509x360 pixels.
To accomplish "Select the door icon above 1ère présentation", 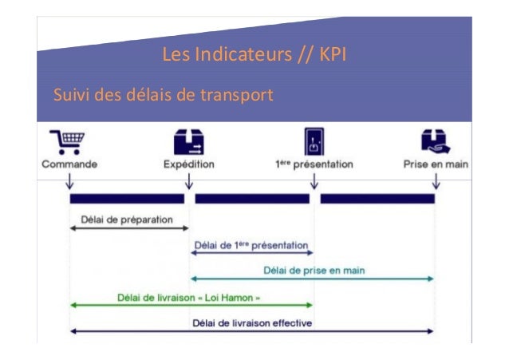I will click(313, 141).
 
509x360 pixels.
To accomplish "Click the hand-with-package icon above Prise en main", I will click(435, 141).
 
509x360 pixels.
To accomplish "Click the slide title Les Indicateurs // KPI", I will click(254, 56).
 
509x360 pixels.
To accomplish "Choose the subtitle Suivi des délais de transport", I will click(163, 97).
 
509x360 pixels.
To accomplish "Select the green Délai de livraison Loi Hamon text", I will click(189, 297).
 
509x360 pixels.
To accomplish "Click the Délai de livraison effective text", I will click(252, 322).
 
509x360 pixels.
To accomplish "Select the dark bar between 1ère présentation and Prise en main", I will click(377, 198).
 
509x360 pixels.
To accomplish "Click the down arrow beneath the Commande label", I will click(69, 182).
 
